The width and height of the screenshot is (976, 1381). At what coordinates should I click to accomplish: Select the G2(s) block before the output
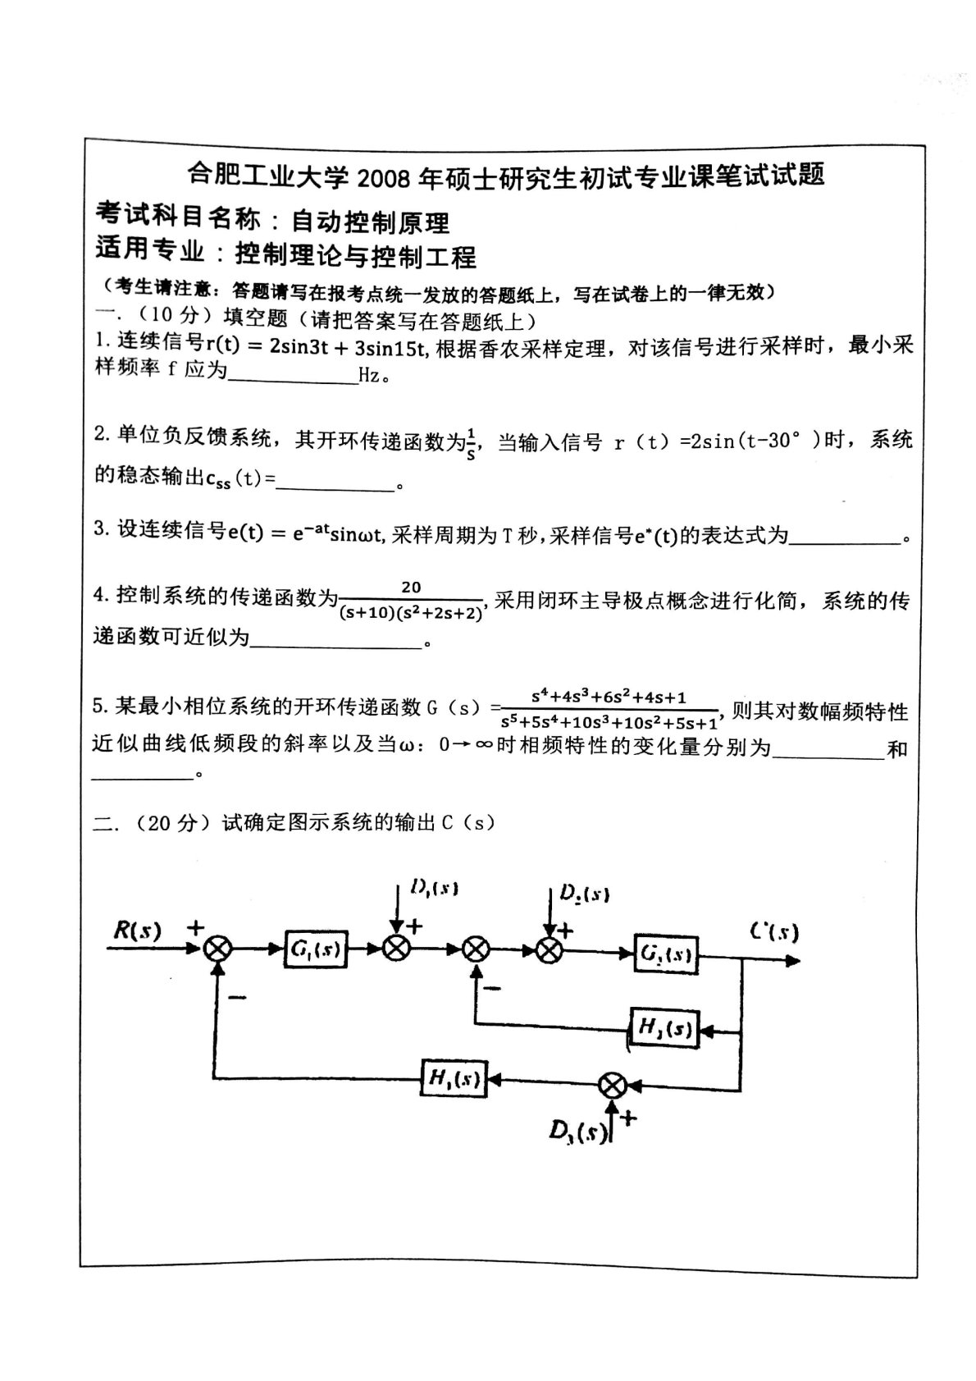666,954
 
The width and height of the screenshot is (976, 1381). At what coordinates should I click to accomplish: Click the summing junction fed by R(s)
218,949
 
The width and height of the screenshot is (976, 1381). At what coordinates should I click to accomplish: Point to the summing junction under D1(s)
397,949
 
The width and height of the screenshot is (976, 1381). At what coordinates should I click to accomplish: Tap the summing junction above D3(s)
612,1085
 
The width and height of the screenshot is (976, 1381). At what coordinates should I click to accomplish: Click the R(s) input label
137,930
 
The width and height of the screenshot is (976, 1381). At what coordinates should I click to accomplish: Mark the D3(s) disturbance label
578,1132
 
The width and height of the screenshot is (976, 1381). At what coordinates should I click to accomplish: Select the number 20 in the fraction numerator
411,587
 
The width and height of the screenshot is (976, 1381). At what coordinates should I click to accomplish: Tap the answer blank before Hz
293,377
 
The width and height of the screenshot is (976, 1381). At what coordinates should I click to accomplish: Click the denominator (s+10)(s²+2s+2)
410,612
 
